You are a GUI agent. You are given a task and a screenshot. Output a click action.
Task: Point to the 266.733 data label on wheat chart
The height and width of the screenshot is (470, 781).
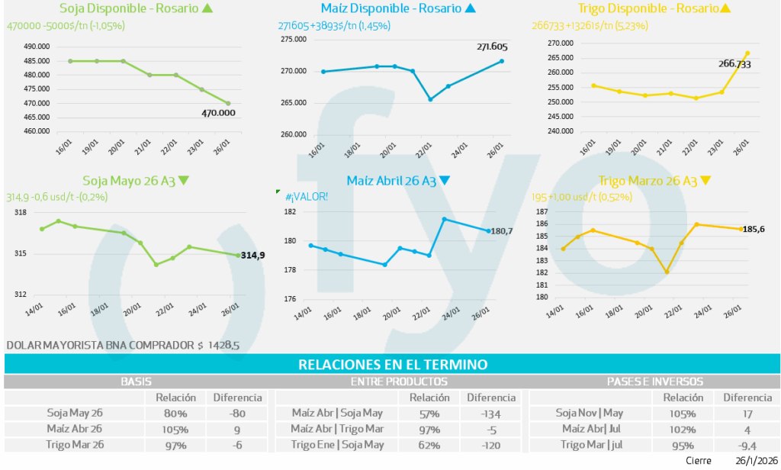[734, 64]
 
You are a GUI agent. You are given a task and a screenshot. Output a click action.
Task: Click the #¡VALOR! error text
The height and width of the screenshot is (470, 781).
[307, 197]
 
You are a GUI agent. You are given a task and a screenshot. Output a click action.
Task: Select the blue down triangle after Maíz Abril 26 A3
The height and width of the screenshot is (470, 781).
[445, 181]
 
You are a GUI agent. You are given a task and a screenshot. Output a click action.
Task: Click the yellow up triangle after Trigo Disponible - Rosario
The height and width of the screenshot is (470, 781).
[725, 9]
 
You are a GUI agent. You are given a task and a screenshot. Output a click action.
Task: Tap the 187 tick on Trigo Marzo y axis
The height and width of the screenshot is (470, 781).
[542, 211]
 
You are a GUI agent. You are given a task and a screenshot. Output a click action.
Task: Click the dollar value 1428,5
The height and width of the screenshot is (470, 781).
[224, 346]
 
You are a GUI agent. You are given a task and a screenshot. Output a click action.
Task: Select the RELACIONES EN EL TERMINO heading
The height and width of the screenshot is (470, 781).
[392, 365]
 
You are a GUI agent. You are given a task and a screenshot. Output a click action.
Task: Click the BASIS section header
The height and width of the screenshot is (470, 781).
[136, 381]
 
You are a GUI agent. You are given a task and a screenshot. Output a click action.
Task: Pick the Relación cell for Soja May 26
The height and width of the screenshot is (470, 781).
[176, 414]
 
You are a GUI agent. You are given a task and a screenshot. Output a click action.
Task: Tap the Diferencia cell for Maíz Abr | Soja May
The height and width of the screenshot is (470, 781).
[491, 414]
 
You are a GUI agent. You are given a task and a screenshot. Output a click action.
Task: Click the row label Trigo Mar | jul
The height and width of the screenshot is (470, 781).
[591, 445]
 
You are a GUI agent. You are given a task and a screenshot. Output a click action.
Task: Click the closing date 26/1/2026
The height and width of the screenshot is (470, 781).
[757, 461]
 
